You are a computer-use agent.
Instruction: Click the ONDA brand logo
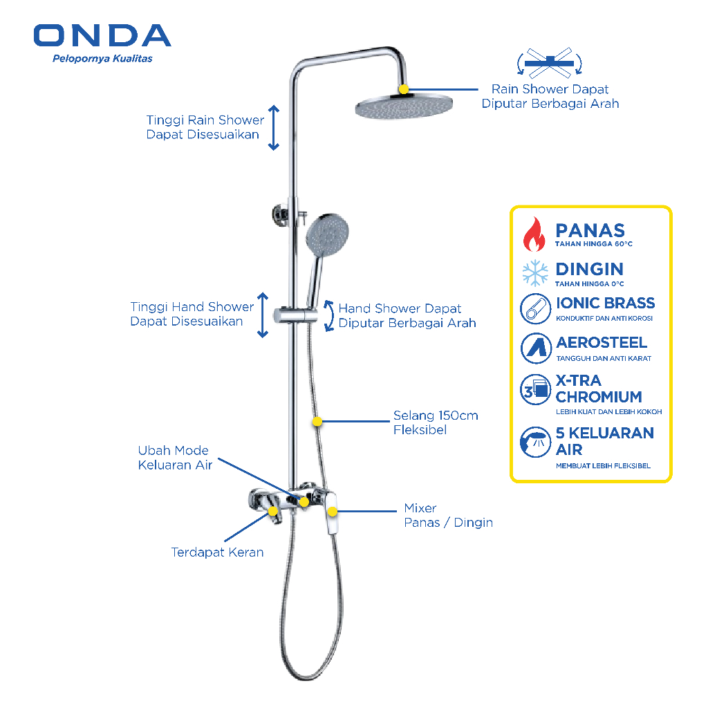click(x=102, y=36)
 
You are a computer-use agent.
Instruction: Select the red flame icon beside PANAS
click(x=534, y=234)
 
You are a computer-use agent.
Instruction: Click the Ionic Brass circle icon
click(x=534, y=309)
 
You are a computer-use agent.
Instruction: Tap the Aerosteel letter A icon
click(x=534, y=348)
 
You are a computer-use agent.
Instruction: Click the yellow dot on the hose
click(x=317, y=421)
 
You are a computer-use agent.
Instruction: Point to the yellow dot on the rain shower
click(x=404, y=89)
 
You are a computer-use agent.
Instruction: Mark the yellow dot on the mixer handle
click(x=333, y=512)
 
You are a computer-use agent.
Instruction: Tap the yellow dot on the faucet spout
click(x=273, y=511)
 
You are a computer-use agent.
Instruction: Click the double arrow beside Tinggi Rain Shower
click(x=274, y=128)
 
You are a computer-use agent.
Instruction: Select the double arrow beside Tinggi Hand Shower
click(x=262, y=315)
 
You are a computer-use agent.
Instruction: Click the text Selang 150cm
click(x=436, y=416)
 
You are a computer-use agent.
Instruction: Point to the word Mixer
click(x=420, y=508)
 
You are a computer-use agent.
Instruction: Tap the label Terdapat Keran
click(x=217, y=552)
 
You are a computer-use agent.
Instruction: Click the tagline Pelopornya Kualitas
click(x=102, y=59)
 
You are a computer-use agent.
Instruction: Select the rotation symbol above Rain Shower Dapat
click(x=550, y=64)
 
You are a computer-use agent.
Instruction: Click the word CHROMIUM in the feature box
click(x=599, y=397)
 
